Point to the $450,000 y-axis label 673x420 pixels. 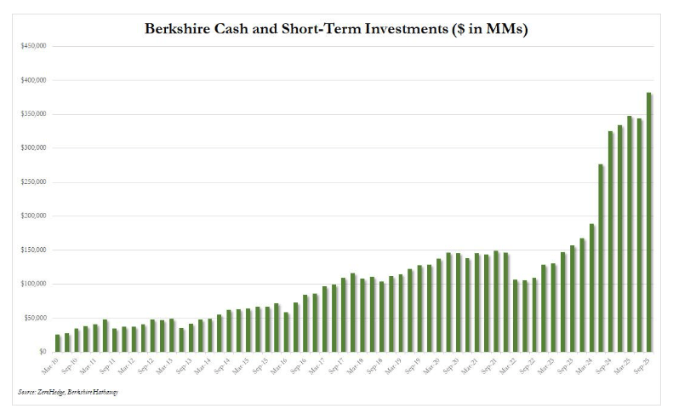coord(33,46)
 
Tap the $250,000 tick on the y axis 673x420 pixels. coord(33,182)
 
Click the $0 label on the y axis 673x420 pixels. coord(41,352)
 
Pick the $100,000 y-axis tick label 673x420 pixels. coord(33,284)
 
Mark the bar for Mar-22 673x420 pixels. coord(516,315)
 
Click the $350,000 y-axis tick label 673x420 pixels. coord(33,114)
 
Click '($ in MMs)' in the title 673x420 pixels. coord(485,29)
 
